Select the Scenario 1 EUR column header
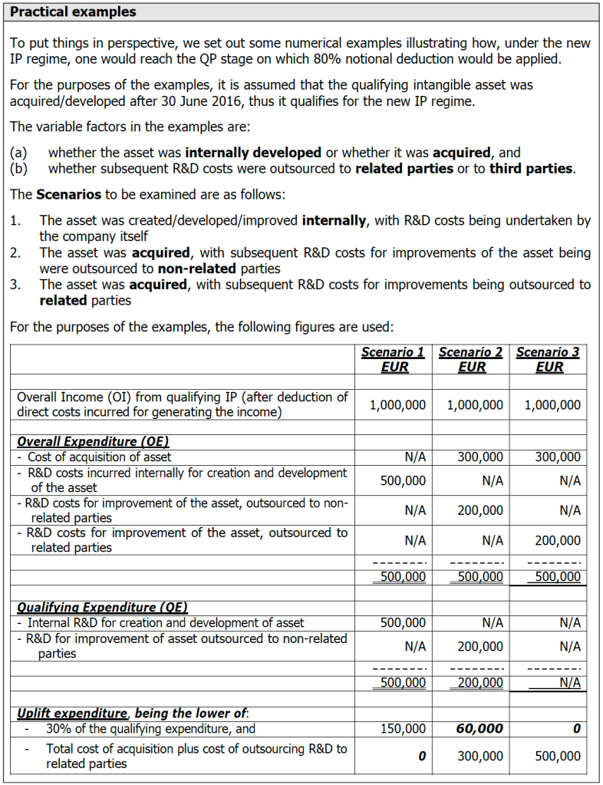point(394,359)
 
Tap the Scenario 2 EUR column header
point(471,359)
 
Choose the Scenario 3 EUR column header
point(548,359)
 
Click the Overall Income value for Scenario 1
point(397,405)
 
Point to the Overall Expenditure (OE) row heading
point(93,441)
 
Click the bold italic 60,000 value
point(479,728)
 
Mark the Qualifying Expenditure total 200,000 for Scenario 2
point(480,681)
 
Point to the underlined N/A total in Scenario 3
point(570,681)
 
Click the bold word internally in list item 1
point(334,221)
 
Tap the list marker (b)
point(19,168)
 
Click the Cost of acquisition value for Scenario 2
point(480,457)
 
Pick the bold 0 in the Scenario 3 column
point(576,728)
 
